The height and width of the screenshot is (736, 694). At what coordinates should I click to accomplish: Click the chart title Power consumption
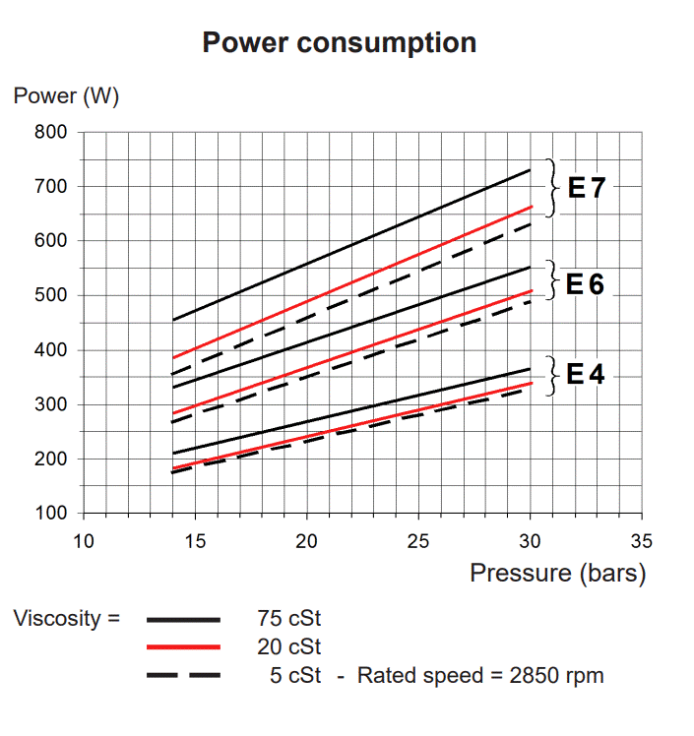click(x=339, y=43)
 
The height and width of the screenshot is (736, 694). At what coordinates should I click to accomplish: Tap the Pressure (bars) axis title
click(x=557, y=573)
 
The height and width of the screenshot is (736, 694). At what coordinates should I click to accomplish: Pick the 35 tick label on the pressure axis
click(x=642, y=540)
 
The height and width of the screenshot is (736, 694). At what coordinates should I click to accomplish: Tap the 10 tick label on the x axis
click(x=84, y=540)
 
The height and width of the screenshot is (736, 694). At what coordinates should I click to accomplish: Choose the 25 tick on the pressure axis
click(x=418, y=540)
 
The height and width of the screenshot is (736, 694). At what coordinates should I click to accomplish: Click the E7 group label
click(x=588, y=187)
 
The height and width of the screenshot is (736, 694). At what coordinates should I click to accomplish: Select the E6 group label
click(x=586, y=284)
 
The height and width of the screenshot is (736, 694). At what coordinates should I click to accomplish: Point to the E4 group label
click(x=586, y=374)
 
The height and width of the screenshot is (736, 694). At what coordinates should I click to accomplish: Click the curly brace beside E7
click(x=553, y=187)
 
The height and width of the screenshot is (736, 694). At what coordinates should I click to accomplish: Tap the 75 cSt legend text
click(x=287, y=620)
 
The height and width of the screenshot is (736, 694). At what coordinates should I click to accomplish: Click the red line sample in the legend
click(x=183, y=647)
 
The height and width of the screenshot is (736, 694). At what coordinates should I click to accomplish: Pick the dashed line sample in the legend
click(x=183, y=676)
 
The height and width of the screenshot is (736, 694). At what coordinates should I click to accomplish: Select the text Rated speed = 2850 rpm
click(x=480, y=676)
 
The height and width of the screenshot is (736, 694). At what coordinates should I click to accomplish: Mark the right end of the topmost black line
click(x=531, y=170)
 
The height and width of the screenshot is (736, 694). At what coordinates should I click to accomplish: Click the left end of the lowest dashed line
click(x=173, y=472)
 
